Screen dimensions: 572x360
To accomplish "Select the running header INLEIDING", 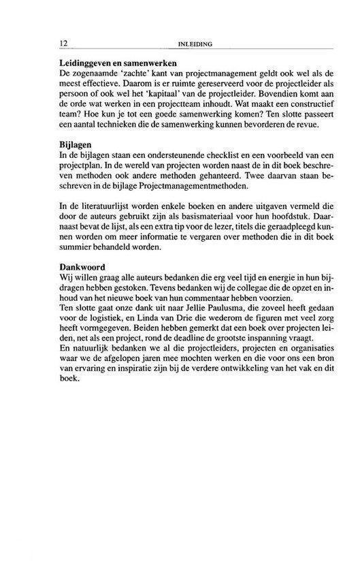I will [195, 45].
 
